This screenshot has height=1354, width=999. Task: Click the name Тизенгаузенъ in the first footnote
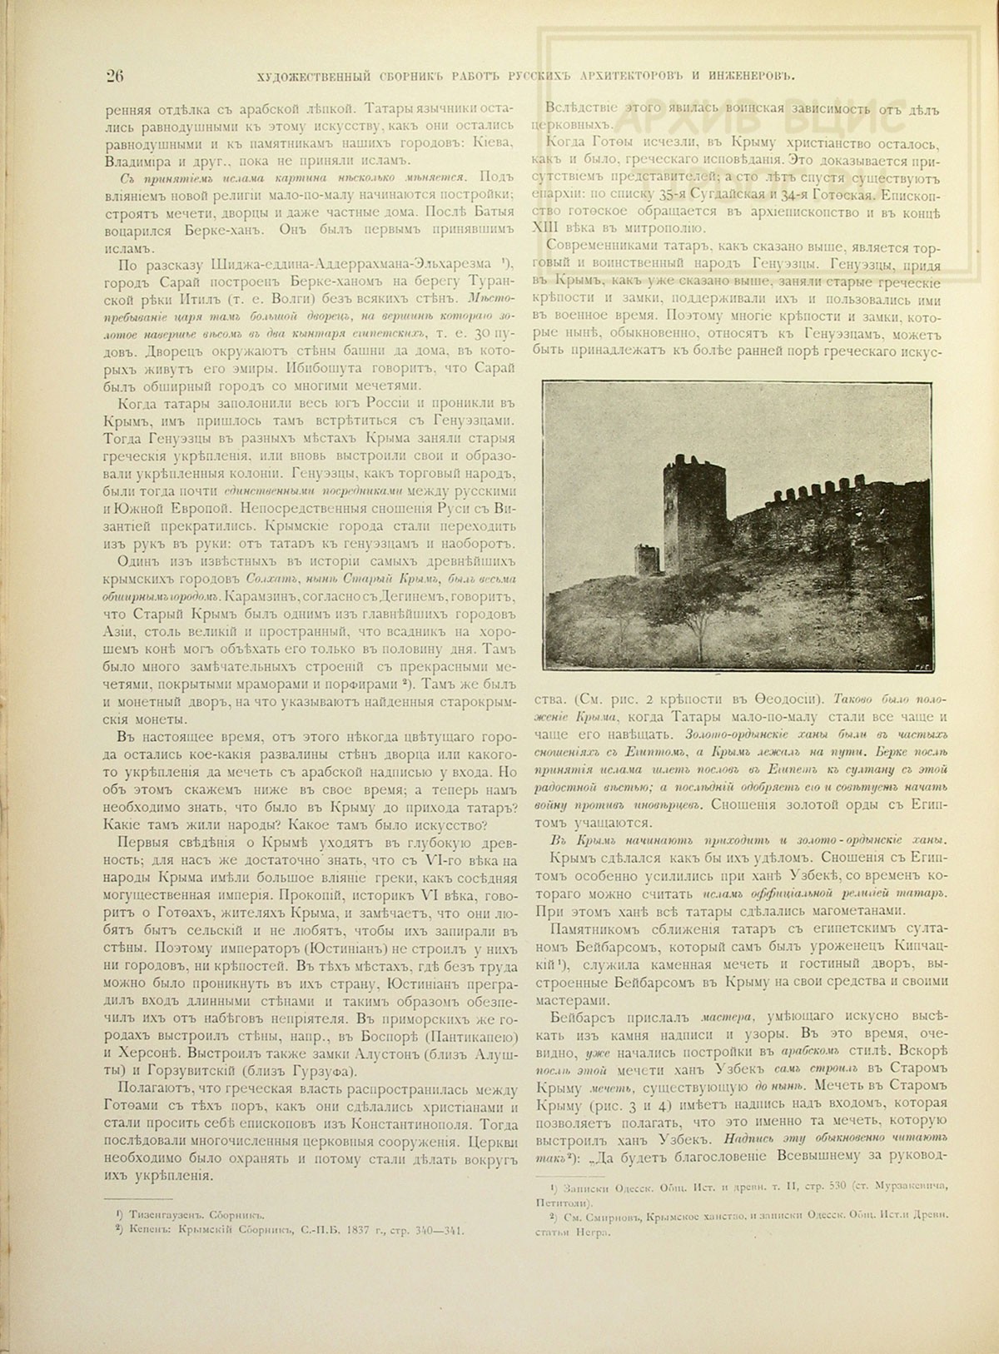click(x=164, y=1216)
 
